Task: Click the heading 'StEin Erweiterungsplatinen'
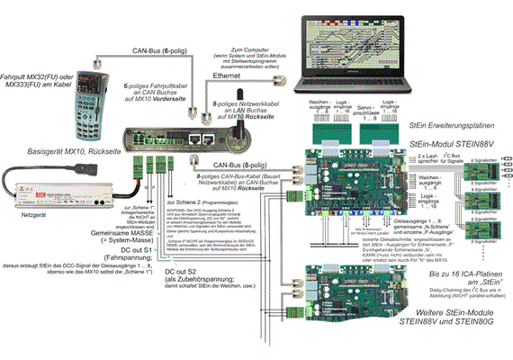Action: pyautogui.click(x=454, y=126)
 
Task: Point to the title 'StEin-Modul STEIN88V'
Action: pyautogui.click(x=455, y=143)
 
